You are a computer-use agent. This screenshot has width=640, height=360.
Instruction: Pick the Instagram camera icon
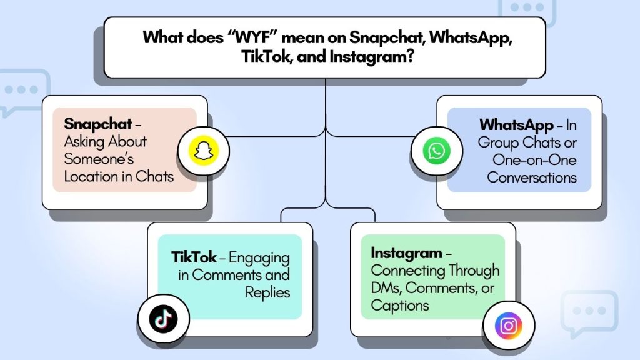507,326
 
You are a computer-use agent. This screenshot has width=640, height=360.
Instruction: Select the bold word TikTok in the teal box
194,257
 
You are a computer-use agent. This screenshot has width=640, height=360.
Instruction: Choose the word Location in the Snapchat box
91,176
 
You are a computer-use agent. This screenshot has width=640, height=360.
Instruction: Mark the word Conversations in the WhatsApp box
532,177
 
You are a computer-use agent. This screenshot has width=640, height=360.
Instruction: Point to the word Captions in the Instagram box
400,305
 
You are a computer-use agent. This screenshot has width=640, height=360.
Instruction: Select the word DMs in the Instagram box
387,288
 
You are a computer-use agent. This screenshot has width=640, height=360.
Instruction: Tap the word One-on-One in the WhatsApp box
534,159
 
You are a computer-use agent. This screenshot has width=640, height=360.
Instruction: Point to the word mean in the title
303,36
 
